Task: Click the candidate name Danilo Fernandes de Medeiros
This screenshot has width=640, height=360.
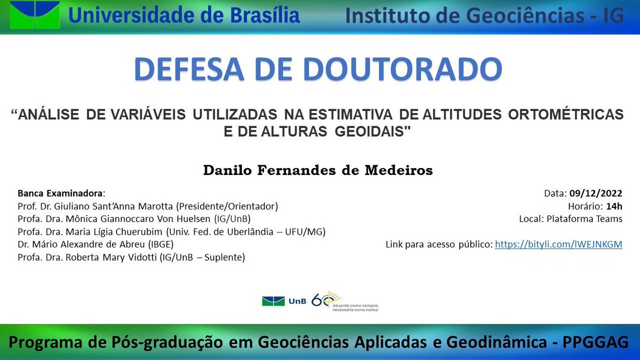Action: click(318, 170)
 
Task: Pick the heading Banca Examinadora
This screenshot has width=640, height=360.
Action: click(61, 193)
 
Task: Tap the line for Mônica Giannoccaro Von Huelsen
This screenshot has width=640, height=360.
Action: click(133, 219)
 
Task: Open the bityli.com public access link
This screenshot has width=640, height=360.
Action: click(558, 245)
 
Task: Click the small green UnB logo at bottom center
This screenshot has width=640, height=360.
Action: click(273, 301)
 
